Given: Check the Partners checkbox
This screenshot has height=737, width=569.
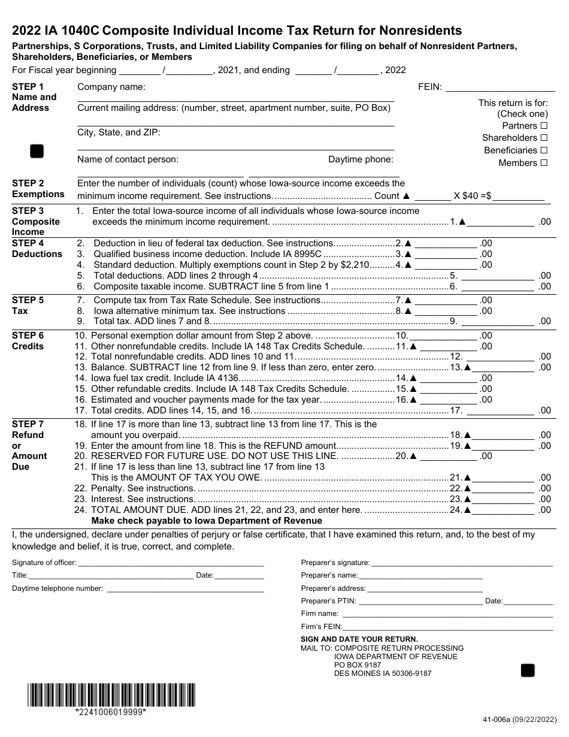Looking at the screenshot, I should (x=544, y=126).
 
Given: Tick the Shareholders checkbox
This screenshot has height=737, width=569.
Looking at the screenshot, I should (x=544, y=138).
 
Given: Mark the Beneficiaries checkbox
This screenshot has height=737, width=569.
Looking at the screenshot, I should (x=544, y=150).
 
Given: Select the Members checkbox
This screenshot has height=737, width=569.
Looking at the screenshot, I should (x=544, y=163).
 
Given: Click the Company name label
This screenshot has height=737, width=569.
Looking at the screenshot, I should (x=111, y=87).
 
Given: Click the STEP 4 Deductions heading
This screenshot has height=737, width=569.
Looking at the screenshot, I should (x=37, y=249).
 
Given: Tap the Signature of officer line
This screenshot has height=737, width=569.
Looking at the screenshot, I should (x=171, y=563).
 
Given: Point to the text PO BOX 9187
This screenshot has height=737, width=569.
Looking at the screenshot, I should (x=357, y=665).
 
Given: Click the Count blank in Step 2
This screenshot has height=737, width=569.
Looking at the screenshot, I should (x=432, y=196).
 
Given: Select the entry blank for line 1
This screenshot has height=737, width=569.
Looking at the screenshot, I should (x=500, y=222).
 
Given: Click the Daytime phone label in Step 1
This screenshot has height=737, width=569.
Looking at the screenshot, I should (x=361, y=159).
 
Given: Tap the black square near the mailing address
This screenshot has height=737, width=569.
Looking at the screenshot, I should (x=527, y=670).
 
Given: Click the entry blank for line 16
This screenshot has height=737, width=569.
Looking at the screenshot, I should (x=446, y=400).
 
